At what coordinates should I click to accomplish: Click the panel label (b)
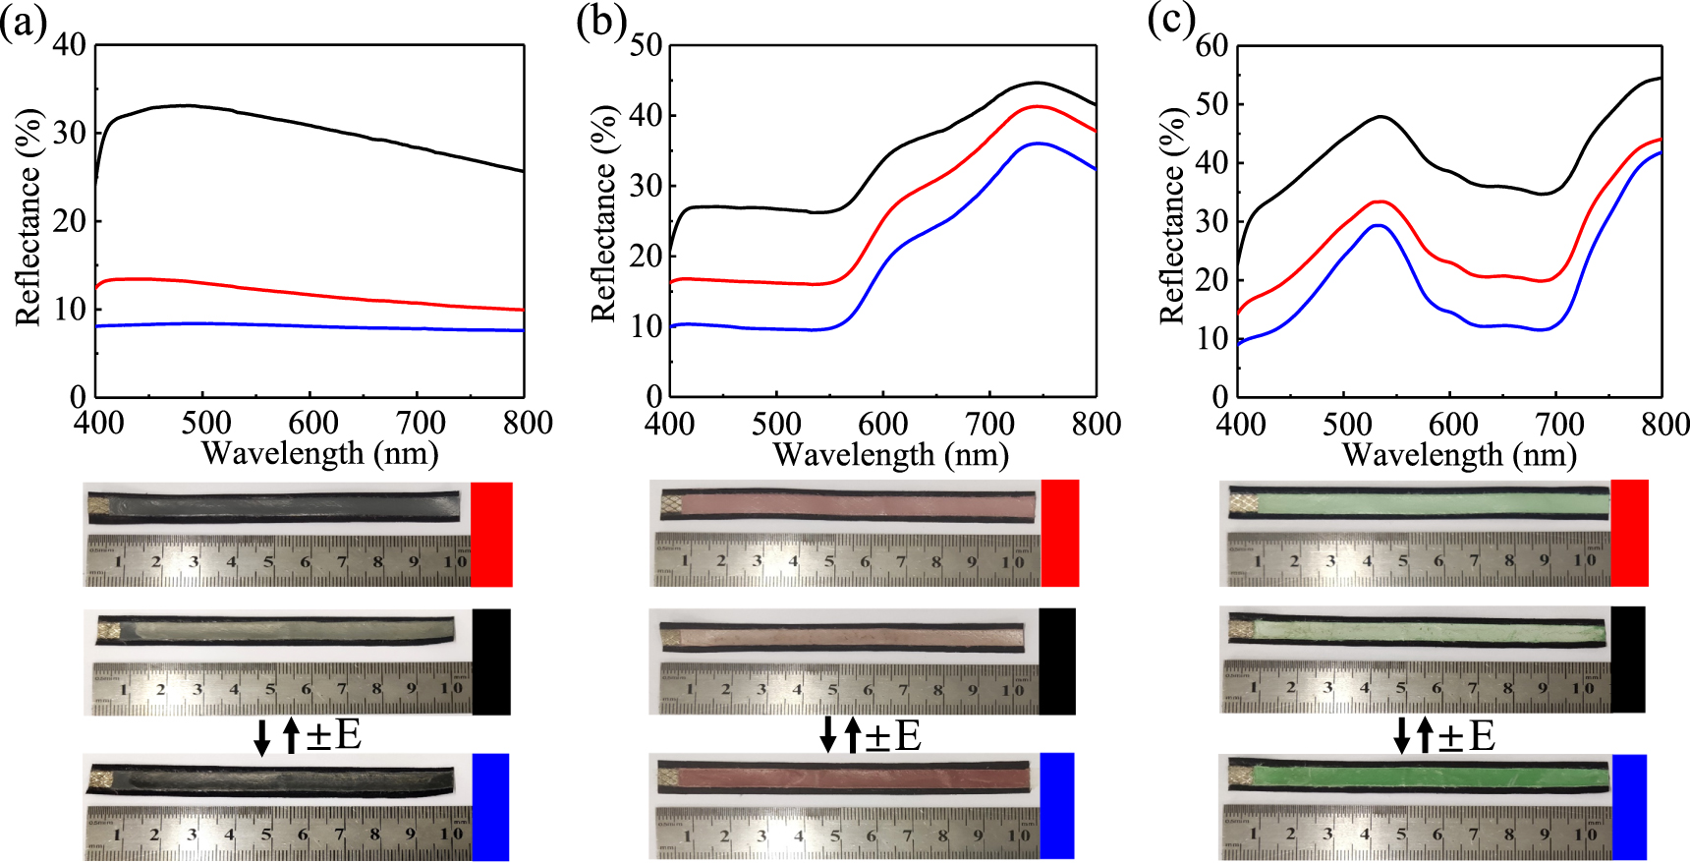599,22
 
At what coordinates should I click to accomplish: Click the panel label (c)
1171,22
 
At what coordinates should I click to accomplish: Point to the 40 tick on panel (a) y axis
69,45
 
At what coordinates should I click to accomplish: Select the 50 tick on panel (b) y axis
645,45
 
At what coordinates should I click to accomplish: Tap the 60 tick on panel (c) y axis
1211,45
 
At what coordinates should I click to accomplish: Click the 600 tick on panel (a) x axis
312,423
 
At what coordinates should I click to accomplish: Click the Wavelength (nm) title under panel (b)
890,454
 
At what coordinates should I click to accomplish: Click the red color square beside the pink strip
1060,532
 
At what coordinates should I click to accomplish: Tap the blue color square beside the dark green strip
1628,806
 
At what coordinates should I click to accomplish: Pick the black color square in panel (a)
491,661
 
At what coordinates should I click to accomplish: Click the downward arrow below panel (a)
261,737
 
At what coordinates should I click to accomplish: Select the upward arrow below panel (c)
1425,735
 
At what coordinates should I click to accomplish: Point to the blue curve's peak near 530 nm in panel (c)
1380,225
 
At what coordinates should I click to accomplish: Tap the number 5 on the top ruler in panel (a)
267,563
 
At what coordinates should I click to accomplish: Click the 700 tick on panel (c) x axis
1559,425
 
